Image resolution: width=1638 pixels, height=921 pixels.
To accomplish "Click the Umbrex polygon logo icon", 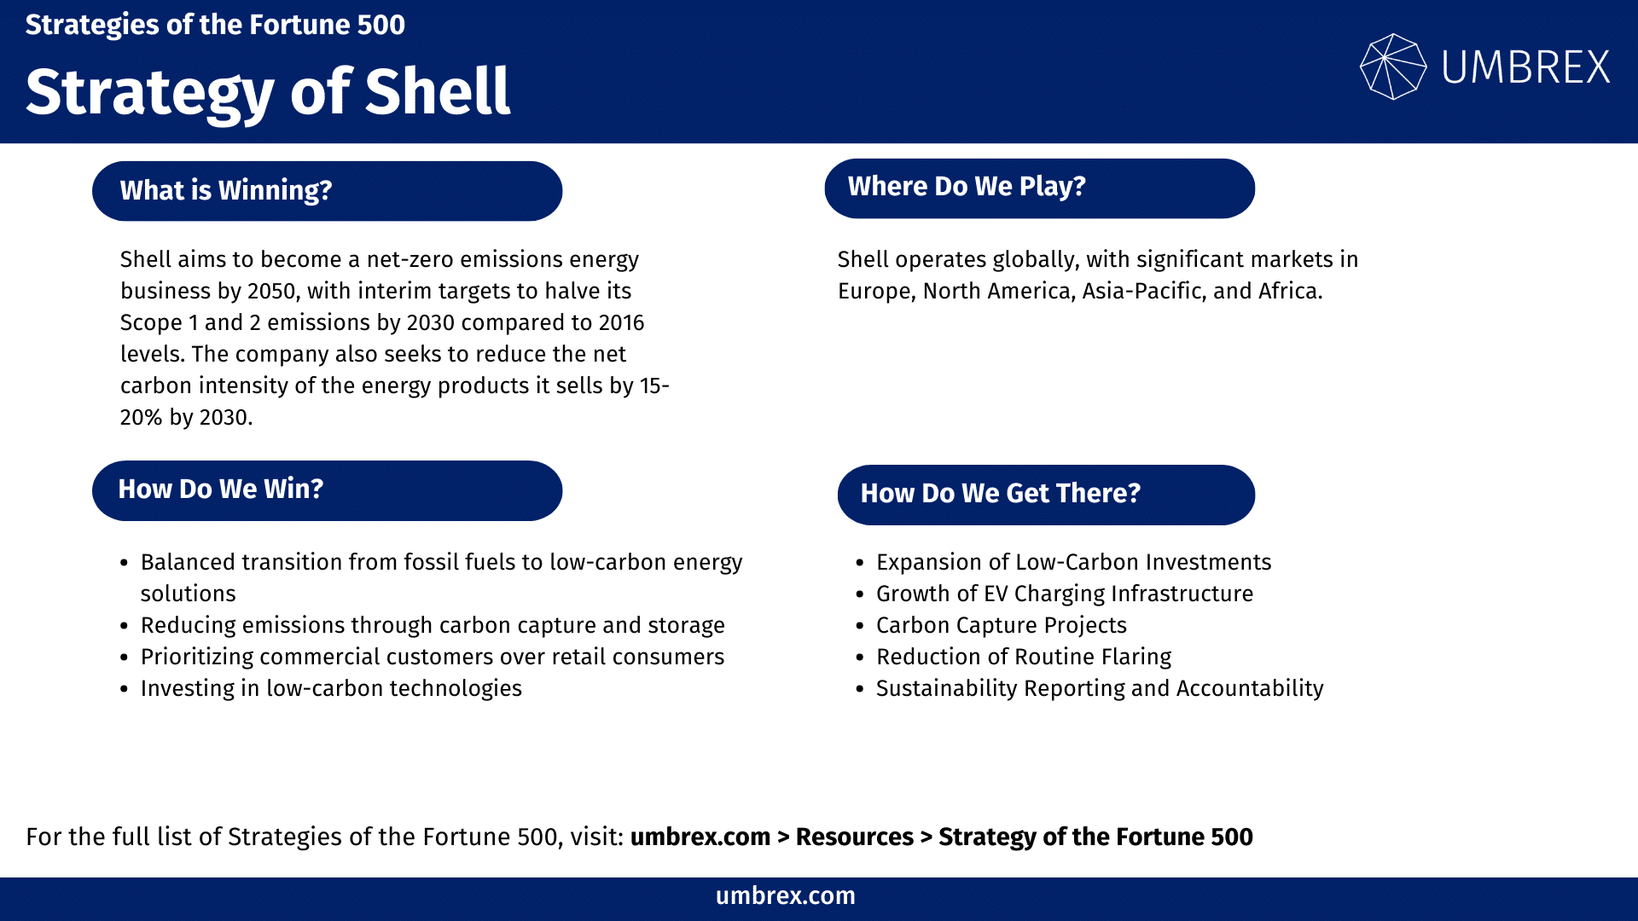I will click(x=1392, y=67).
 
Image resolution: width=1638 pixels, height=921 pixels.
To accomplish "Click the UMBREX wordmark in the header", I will click(x=1525, y=67).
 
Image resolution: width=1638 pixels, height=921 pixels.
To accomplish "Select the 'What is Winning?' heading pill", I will click(x=327, y=190).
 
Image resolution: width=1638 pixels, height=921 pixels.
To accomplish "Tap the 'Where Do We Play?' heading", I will click(x=1039, y=188).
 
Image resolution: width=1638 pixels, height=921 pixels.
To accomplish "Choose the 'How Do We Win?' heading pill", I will click(x=327, y=490).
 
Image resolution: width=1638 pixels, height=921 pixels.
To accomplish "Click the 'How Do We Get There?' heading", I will click(x=1046, y=494).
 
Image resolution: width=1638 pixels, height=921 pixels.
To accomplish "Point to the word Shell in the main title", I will click(x=438, y=91).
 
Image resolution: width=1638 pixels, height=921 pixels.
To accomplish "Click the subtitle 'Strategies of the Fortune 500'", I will click(x=215, y=25).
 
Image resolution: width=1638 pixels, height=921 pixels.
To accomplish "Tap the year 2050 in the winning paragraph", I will click(x=271, y=292).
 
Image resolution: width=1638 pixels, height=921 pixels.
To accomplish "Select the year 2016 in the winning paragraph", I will click(x=621, y=323).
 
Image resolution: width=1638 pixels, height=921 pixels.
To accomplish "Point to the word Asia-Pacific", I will click(x=1143, y=292).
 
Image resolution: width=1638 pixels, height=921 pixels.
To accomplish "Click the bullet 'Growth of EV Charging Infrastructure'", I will click(x=1064, y=594).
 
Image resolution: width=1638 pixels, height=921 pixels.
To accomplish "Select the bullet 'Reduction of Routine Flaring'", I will click(x=1023, y=657).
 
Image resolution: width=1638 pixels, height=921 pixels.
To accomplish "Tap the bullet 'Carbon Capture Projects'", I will click(x=1001, y=625).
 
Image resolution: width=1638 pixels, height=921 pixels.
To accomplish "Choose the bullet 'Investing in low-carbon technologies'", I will click(x=331, y=688).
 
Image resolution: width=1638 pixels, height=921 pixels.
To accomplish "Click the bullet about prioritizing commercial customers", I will click(x=432, y=657).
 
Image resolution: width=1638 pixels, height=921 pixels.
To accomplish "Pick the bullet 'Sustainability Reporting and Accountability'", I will click(x=1099, y=688).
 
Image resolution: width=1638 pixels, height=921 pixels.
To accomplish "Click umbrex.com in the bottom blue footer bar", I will click(x=785, y=896).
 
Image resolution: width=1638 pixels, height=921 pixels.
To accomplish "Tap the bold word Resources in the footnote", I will click(x=854, y=837).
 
